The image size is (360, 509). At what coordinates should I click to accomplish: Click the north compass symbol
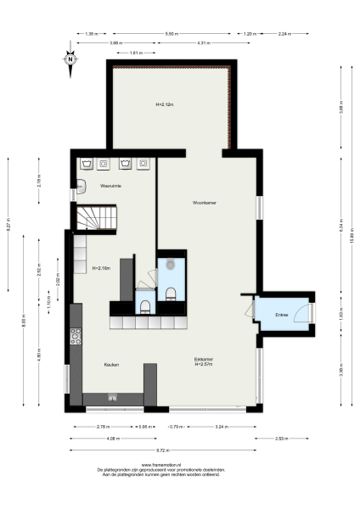[70, 59]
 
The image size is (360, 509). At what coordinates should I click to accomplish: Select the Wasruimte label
[110, 185]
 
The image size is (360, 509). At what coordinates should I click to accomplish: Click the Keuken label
[110, 365]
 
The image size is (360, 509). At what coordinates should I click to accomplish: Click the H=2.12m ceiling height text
[165, 104]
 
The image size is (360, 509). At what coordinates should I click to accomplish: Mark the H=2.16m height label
[102, 268]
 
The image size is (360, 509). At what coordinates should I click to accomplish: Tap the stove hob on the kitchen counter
[76, 337]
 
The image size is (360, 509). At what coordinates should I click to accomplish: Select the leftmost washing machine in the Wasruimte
[87, 163]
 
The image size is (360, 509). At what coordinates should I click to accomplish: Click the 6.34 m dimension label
[341, 227]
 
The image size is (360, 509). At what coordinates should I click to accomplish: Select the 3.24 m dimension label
[222, 426]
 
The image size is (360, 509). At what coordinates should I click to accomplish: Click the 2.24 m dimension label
[283, 34]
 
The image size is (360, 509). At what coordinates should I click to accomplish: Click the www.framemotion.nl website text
[161, 464]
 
